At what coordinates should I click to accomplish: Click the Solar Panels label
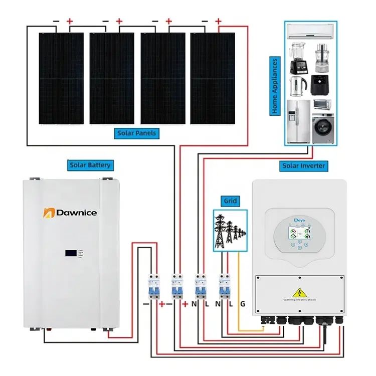pos(137,133)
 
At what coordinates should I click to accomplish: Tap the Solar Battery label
pos(90,165)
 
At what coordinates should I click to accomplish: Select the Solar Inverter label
pos(304,165)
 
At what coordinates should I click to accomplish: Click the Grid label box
pos(231,202)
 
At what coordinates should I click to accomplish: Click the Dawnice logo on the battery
pos(70,213)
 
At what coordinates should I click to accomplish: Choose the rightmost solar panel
pos(213,78)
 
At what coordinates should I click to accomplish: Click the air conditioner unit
pos(311,32)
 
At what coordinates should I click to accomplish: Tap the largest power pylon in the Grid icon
pos(220,231)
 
